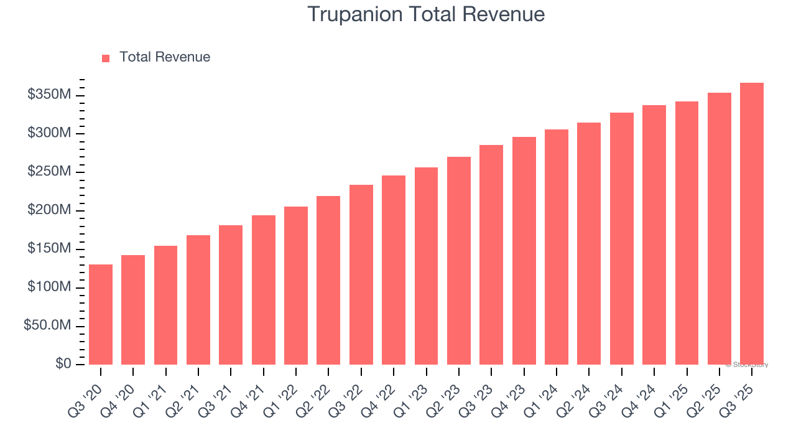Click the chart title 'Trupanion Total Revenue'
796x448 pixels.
pos(426,14)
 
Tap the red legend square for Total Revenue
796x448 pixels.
pos(106,58)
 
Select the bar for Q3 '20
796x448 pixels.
pos(101,314)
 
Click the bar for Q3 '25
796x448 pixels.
pos(752,223)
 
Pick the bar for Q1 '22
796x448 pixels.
pos(296,286)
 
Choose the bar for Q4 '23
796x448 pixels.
pos(524,251)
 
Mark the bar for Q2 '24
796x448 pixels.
pos(589,243)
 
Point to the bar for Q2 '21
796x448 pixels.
pos(198,300)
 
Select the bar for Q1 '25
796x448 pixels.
pos(687,233)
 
